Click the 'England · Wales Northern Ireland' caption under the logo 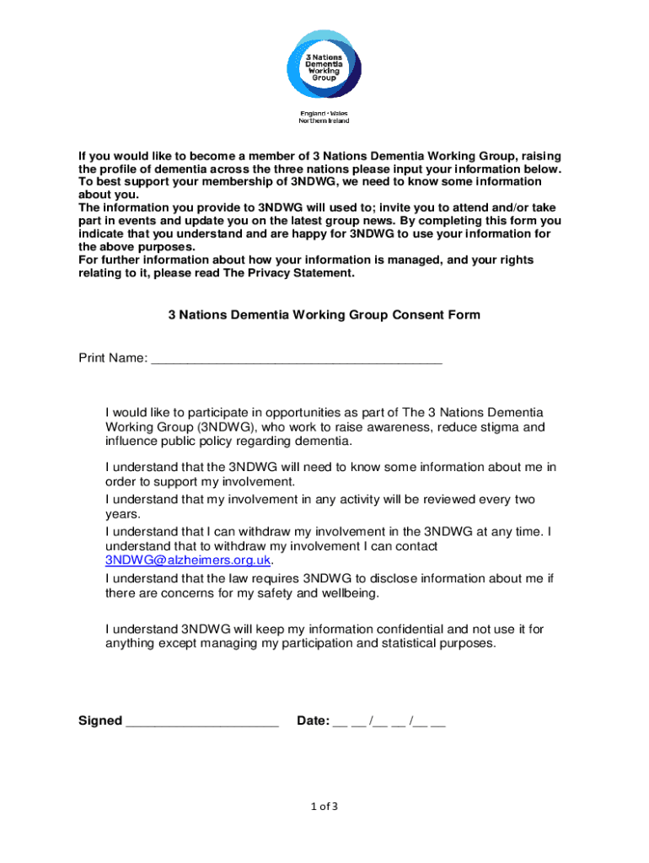(324, 117)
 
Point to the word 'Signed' (100, 721)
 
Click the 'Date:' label (313, 721)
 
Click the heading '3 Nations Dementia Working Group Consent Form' (324, 315)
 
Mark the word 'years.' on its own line (123, 514)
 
